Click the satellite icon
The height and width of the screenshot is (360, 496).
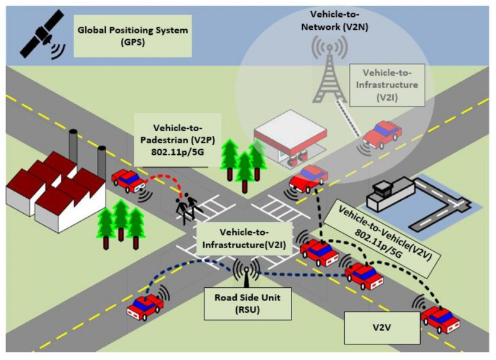(41, 35)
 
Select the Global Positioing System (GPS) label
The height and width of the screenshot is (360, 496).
(132, 36)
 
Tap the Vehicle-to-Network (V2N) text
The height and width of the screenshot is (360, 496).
(334, 21)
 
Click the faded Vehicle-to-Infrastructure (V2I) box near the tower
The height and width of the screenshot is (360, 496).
(387, 85)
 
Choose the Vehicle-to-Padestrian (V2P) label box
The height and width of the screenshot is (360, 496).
(178, 140)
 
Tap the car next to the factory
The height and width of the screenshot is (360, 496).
(129, 181)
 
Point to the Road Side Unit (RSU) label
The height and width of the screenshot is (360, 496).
(247, 303)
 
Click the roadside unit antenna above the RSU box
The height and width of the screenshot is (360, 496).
(246, 272)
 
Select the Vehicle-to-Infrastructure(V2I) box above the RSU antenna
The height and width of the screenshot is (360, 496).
(244, 239)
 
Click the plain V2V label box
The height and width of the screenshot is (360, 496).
(382, 328)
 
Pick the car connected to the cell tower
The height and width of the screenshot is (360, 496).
(382, 134)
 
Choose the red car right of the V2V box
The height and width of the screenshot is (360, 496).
(440, 319)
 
